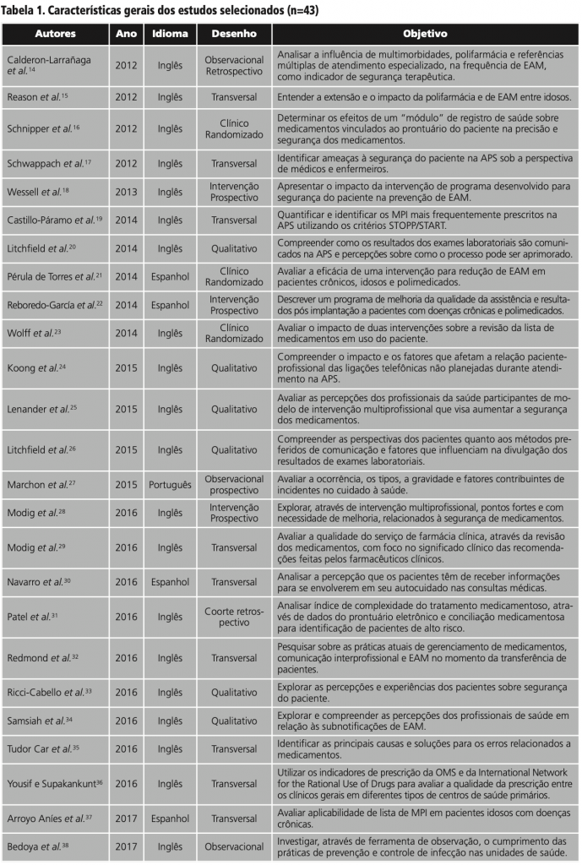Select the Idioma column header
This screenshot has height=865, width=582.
click(x=170, y=34)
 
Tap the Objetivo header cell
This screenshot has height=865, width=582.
click(x=425, y=34)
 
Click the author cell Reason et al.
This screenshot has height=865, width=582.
click(x=37, y=97)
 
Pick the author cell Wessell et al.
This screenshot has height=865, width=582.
click(x=38, y=192)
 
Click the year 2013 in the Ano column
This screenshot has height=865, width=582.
click(x=126, y=192)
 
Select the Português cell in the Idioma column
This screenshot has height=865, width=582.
click(x=170, y=485)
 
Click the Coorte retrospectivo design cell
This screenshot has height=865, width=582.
click(x=234, y=617)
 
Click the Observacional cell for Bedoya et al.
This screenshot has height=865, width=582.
click(x=234, y=846)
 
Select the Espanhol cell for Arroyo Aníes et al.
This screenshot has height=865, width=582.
click(x=170, y=819)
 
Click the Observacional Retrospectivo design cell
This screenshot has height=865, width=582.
click(x=234, y=65)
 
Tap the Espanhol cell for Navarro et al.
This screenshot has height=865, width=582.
click(x=170, y=582)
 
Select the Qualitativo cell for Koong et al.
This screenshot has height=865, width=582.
click(x=234, y=368)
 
